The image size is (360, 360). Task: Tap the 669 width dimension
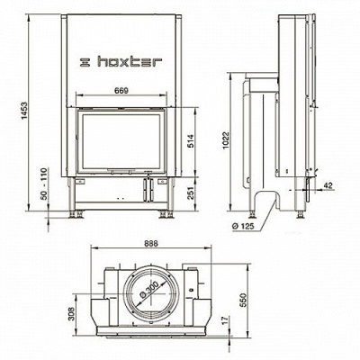point(121,90)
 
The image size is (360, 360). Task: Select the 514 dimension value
point(191,141)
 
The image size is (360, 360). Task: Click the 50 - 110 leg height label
point(44,184)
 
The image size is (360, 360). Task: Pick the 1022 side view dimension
point(226,140)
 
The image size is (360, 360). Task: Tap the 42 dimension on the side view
point(328,185)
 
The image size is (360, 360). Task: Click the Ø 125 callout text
point(243,226)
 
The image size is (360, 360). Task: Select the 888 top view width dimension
point(151,243)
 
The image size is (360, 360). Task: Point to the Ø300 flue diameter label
point(148,290)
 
